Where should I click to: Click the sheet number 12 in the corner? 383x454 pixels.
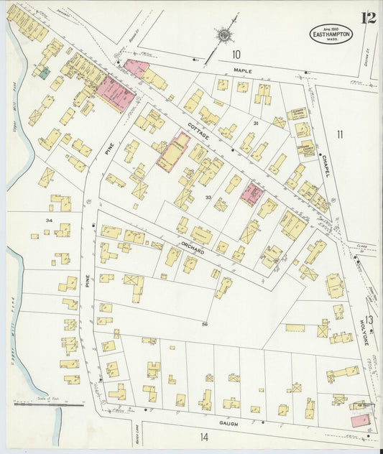point(369,19)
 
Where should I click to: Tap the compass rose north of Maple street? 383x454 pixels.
point(224,34)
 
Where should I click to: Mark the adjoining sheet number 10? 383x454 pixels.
point(236,55)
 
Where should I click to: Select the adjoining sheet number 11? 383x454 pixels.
point(339,134)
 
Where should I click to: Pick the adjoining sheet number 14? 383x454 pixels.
point(203,436)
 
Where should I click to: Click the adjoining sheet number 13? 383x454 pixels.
point(368,320)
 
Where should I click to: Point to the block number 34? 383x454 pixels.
point(49,220)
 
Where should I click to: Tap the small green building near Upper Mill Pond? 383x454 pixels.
point(45,72)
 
